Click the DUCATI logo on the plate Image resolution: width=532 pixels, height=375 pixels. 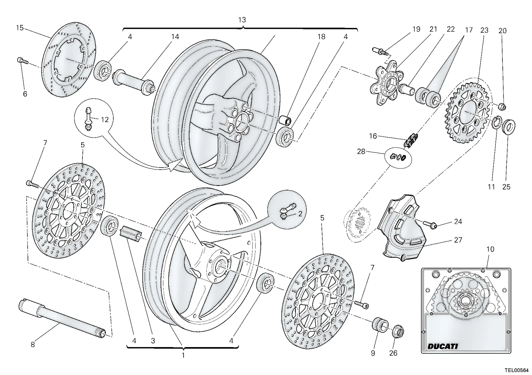(443, 346)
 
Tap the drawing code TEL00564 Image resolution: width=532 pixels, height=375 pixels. (517, 370)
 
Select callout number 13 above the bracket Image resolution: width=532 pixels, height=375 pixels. (242, 20)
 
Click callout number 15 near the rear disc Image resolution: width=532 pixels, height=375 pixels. (20, 28)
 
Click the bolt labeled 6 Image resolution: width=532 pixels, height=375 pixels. (23, 61)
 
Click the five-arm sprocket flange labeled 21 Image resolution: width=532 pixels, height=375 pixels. (386, 83)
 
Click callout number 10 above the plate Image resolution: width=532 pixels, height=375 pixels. (490, 249)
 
